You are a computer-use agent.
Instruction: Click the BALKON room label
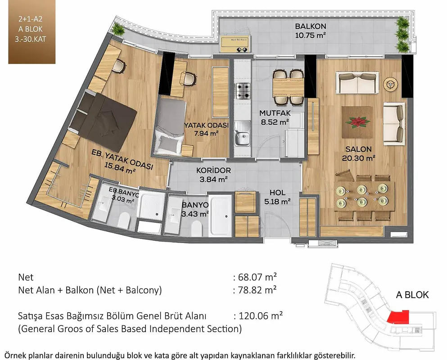point(311,26)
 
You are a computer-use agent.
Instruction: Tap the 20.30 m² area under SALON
point(359,158)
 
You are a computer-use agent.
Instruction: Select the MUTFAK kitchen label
point(275,113)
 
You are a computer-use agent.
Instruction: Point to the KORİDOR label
point(213,171)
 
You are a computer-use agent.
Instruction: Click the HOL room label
point(277,193)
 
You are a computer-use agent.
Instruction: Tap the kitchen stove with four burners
point(242,91)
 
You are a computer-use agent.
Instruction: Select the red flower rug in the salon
point(357,122)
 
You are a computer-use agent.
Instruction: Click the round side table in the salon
point(390,84)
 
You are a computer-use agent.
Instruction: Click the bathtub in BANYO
point(220,216)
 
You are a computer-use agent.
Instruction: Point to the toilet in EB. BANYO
point(124,220)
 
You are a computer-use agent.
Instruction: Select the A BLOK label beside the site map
point(412,295)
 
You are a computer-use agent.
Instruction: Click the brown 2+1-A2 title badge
point(32,31)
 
